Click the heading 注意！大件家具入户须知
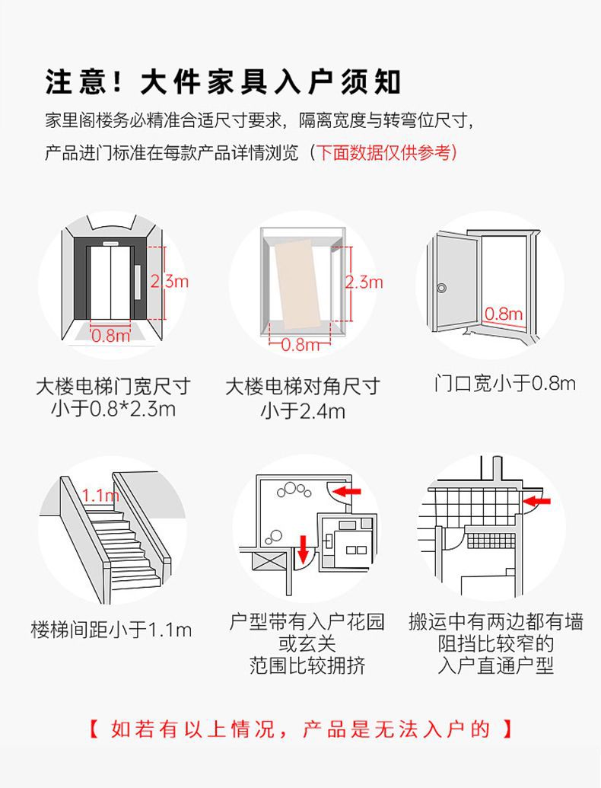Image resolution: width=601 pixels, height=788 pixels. pos(223,81)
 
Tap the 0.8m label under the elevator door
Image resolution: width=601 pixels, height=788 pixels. pos(111,334)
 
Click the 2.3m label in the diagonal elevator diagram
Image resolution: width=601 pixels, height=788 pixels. pos(364,282)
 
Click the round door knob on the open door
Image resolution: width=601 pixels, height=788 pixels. pos(442,288)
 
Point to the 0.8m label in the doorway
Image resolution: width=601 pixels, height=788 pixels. pos(504,313)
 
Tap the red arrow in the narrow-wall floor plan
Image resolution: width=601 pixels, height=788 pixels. pos(539,501)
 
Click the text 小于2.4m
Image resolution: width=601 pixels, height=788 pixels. pos(302,411)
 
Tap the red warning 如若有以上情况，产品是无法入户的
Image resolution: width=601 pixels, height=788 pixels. pos(301,729)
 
